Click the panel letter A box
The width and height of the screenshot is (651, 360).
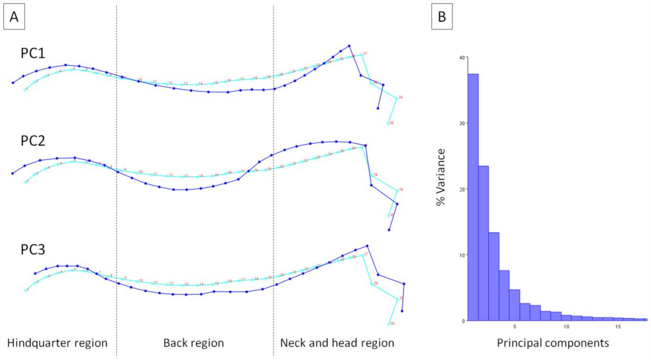[14, 17]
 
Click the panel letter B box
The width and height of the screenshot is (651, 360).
[442, 17]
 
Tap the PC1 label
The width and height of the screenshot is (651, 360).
[33, 53]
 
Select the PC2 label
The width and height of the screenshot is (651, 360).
[33, 141]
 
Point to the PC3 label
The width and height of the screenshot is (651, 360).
[33, 250]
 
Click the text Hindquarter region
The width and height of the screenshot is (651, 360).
[57, 343]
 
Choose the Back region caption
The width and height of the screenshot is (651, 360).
[194, 343]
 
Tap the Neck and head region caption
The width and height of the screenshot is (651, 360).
[337, 343]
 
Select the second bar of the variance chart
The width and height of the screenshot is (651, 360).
[483, 243]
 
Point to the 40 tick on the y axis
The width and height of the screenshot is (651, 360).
[462, 57]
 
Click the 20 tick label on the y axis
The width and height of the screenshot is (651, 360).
[462, 189]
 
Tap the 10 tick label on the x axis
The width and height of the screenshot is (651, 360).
[566, 327]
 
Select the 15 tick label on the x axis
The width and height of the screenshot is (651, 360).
[618, 327]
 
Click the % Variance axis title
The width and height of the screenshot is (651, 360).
[441, 177]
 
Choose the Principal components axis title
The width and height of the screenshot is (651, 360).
[553, 343]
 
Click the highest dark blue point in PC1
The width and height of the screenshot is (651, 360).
[349, 46]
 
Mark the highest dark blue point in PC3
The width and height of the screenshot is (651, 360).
[367, 246]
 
